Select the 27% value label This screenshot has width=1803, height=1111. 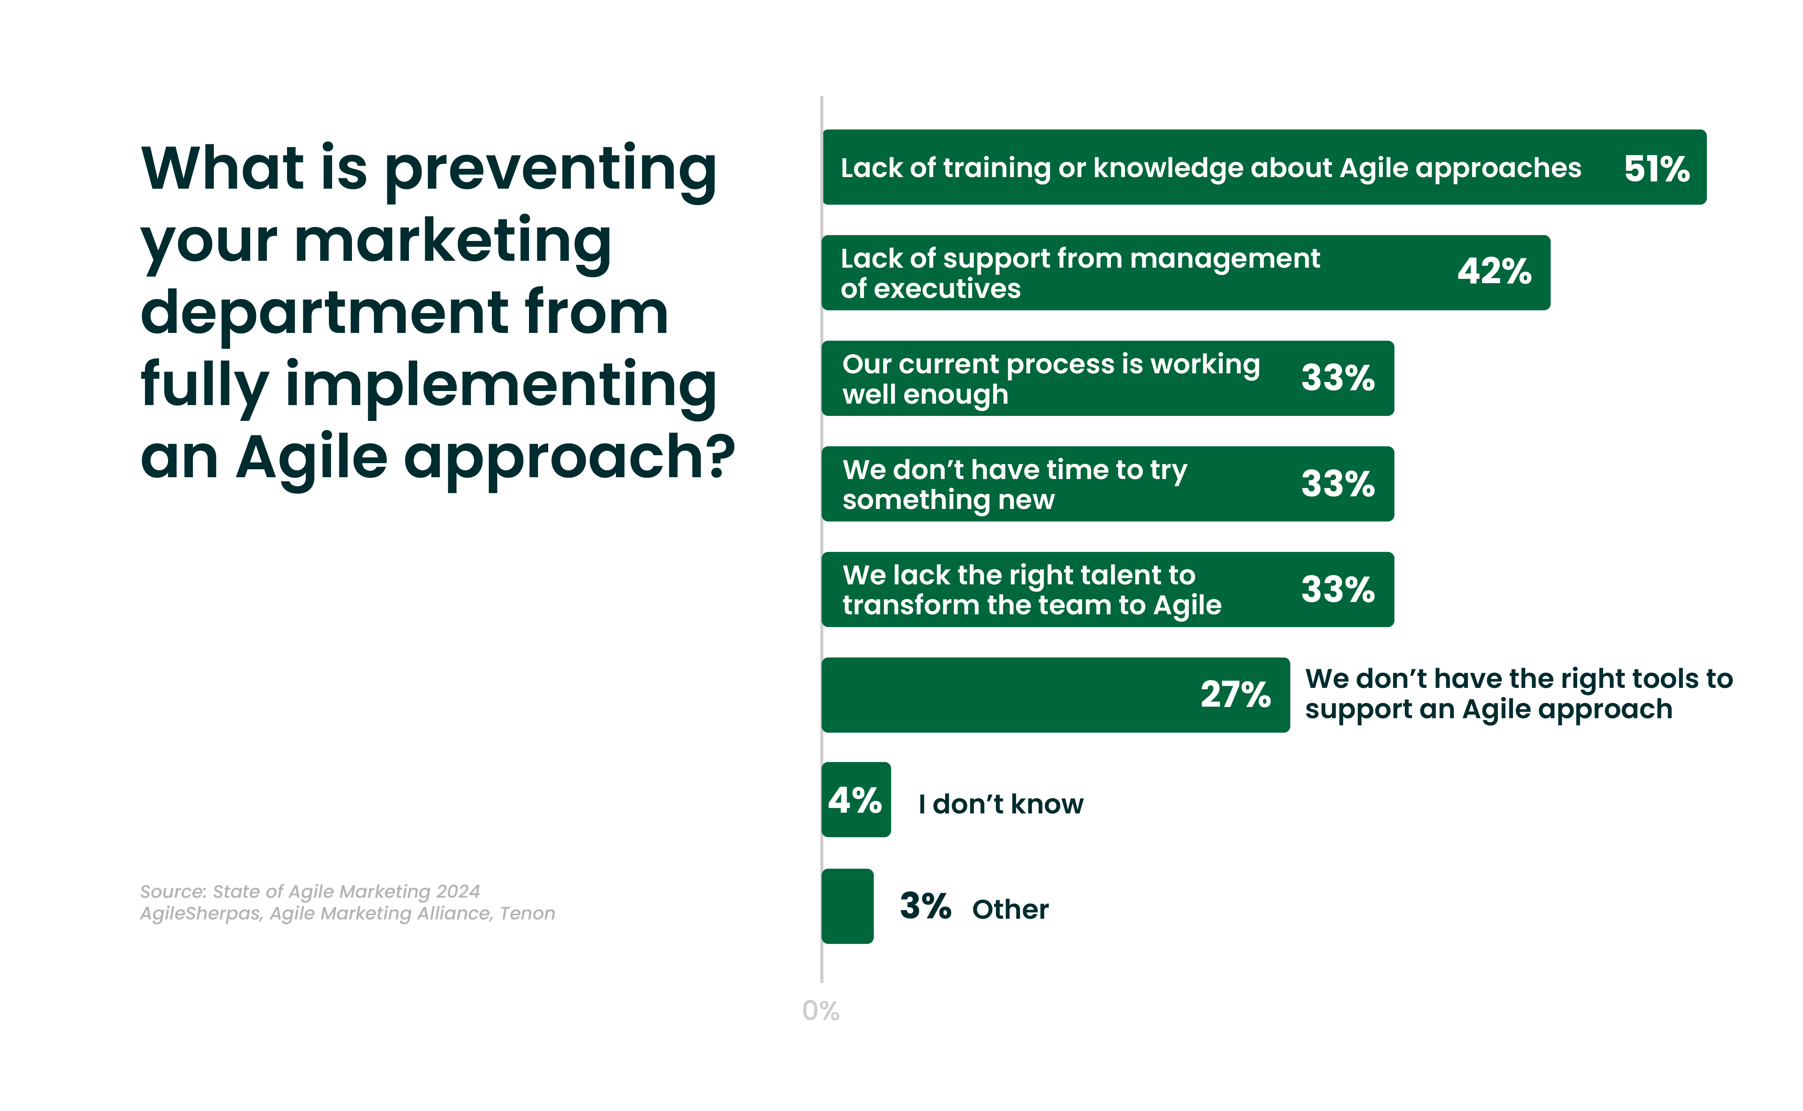point(1235,694)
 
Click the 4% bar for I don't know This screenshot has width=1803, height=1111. point(856,799)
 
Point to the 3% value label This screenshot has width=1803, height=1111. point(925,906)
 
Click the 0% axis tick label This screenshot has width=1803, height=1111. point(820,1011)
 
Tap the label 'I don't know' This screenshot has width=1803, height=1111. point(1000,804)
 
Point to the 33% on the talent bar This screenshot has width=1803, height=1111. point(1337,589)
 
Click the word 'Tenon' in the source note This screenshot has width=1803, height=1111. point(527,913)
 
